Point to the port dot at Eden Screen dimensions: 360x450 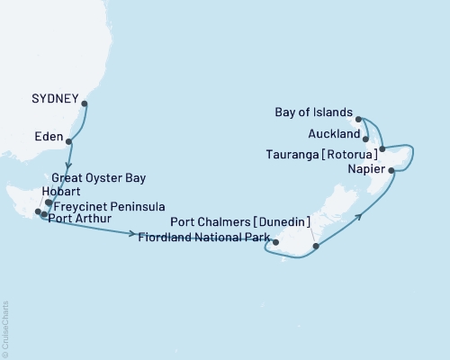[69, 142]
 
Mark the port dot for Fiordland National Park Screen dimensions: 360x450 [278, 242]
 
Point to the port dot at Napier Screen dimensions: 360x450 [391, 168]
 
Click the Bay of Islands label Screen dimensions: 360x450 [311, 112]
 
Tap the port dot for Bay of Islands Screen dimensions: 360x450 [358, 119]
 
